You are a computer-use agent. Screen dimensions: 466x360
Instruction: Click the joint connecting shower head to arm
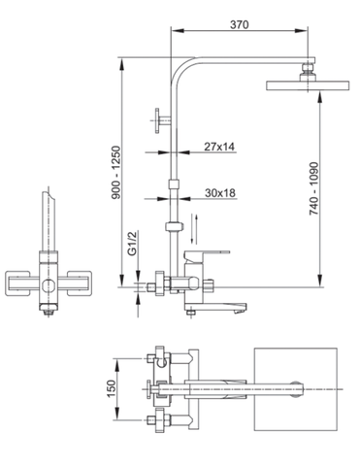(308, 69)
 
